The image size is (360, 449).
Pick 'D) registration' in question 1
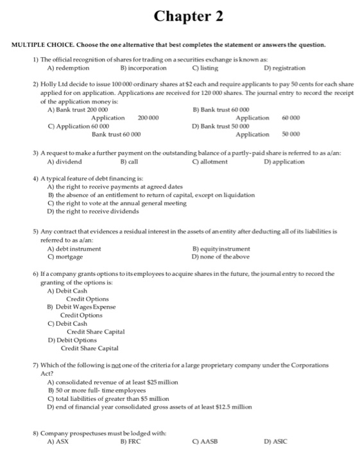(285, 67)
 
